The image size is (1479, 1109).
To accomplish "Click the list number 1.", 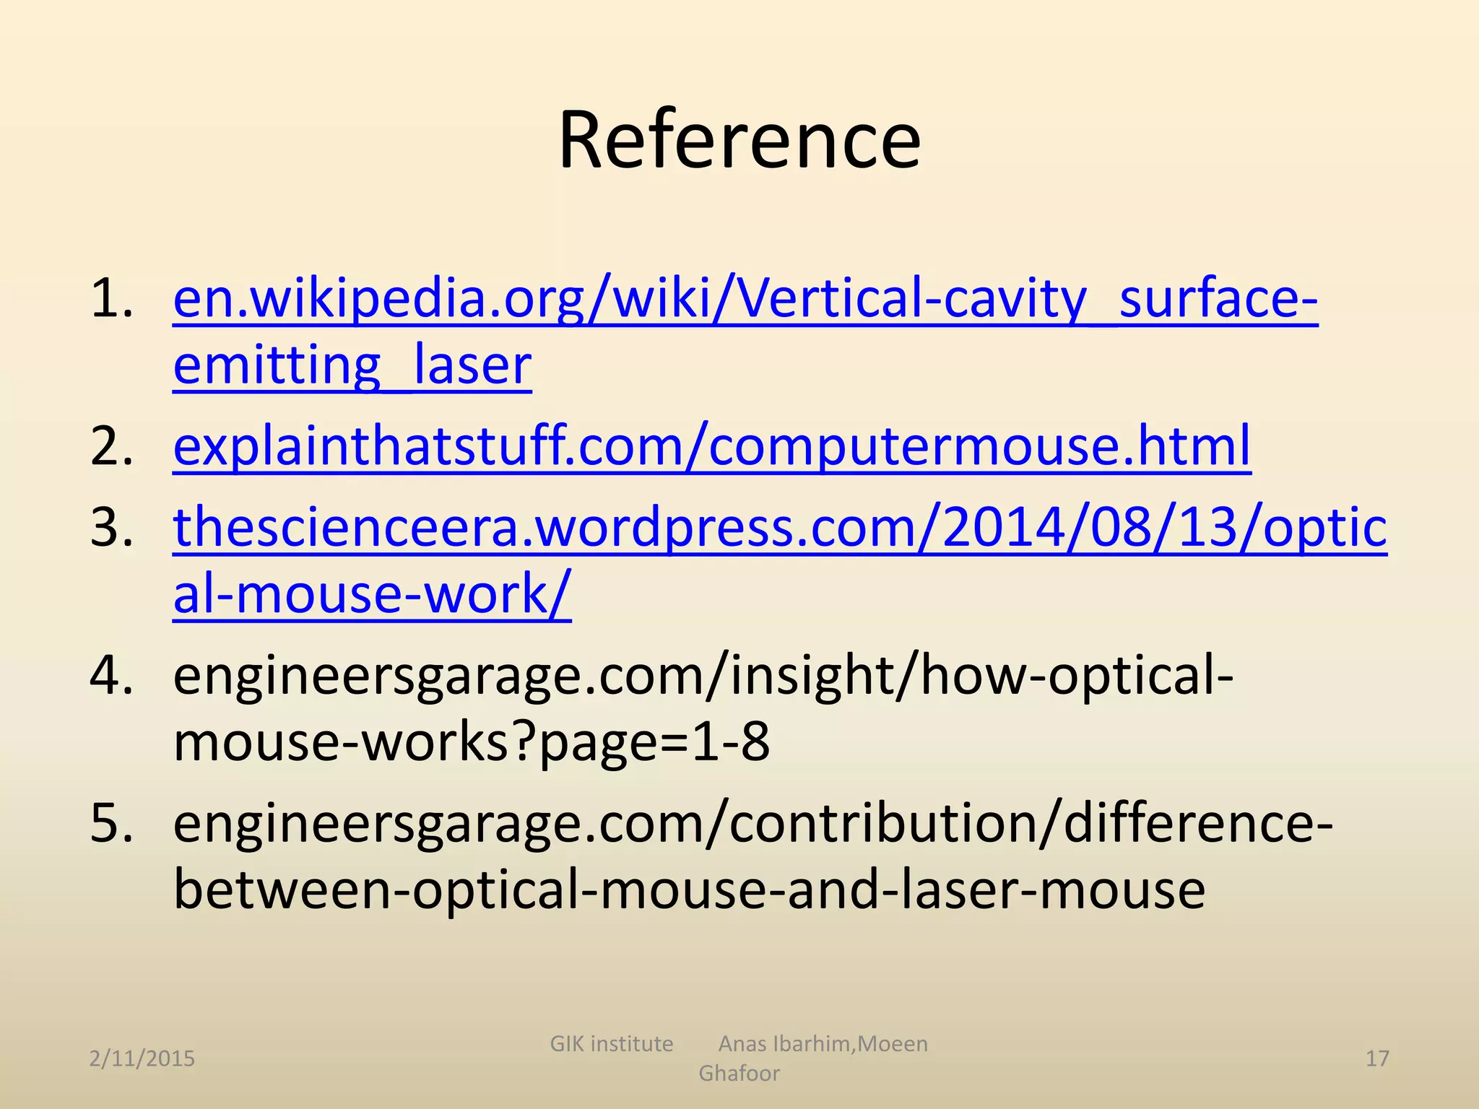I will pos(112,298).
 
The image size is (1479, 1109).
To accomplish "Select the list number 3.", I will pos(112,527).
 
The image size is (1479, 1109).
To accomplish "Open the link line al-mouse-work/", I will pos(372,593).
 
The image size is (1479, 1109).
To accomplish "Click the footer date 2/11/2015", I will pos(142,1058).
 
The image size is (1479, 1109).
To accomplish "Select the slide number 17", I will pos(1377,1058).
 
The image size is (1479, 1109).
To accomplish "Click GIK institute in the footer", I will pos(611,1044).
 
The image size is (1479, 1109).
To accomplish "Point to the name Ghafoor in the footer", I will pos(739,1074).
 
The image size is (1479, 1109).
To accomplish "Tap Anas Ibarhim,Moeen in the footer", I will pos(823,1044).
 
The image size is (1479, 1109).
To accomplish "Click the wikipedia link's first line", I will pos(745,298).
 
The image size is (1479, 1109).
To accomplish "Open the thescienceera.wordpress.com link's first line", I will pos(780,527).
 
